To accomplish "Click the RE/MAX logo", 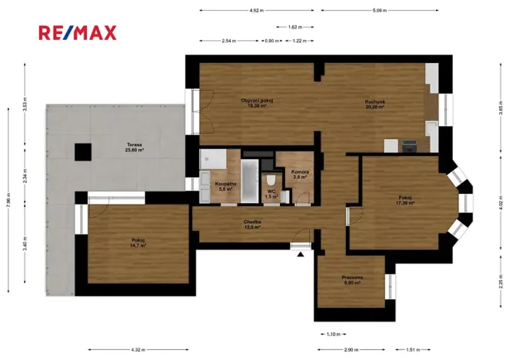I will click(78, 32).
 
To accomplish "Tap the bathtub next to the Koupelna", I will click(251, 182).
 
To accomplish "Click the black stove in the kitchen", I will click(409, 145).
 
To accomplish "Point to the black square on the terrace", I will click(82, 152).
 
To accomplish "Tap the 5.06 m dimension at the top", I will click(378, 11).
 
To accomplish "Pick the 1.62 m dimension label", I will click(293, 27).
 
